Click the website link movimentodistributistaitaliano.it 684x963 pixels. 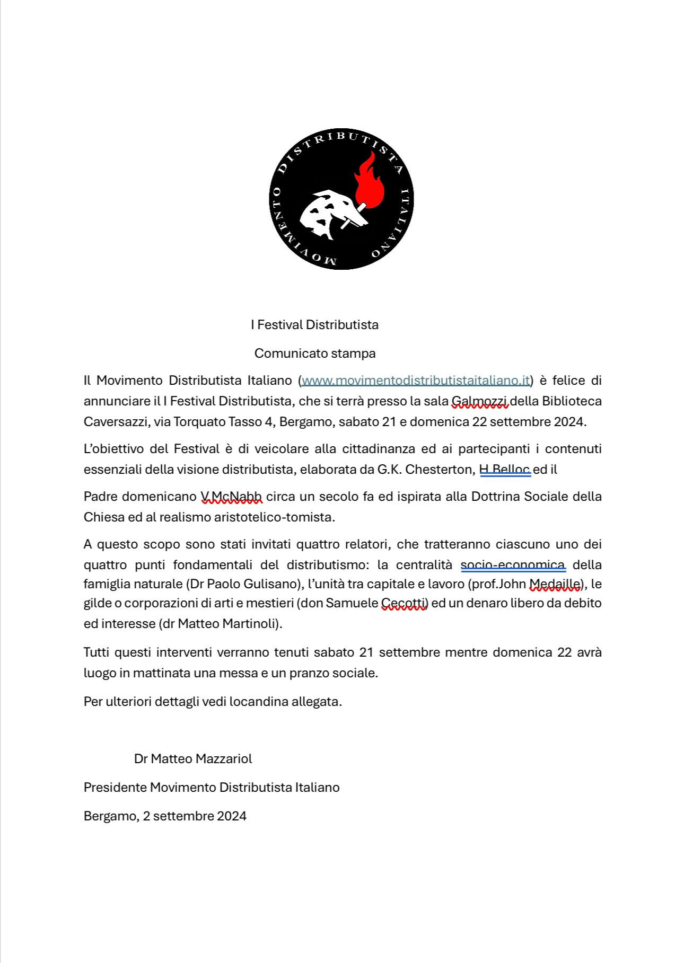[416, 381]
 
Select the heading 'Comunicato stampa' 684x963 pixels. [315, 353]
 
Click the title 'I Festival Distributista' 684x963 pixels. [315, 324]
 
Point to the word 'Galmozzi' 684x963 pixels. [480, 401]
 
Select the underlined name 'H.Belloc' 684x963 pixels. [505, 470]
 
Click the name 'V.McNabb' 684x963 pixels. [231, 497]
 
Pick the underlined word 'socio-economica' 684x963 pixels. [513, 565]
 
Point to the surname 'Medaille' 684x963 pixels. [555, 584]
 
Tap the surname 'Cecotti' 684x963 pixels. [404, 603]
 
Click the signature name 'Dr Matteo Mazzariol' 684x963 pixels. [193, 758]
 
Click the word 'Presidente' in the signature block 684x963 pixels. [115, 787]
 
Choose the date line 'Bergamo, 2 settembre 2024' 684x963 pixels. [165, 816]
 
